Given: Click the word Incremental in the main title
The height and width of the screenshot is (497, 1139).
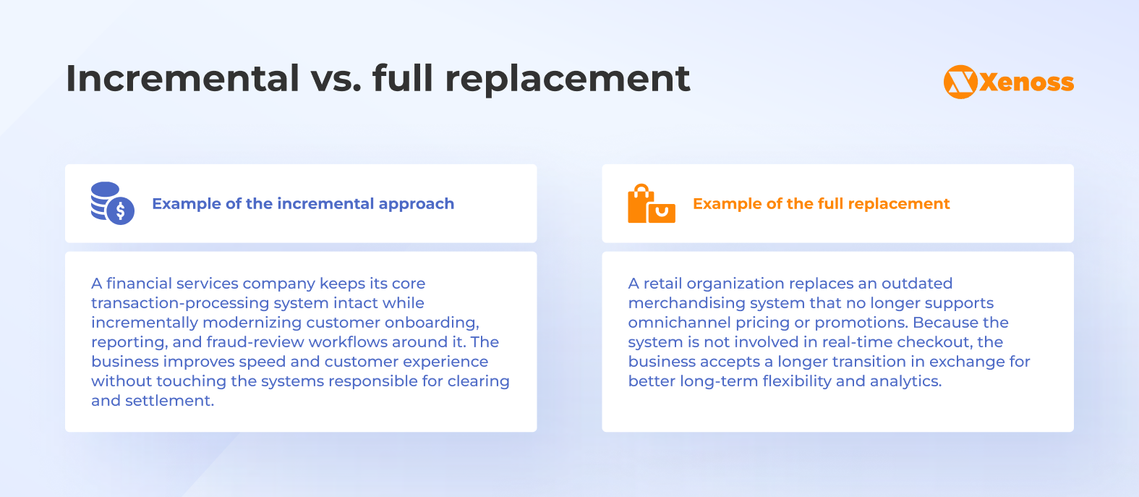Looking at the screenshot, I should [x=182, y=78].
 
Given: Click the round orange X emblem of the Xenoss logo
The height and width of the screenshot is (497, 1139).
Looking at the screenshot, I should [x=960, y=82].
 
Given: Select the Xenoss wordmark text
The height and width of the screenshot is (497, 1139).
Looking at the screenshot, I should [x=1027, y=82].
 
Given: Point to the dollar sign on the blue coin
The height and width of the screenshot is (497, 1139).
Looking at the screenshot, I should [x=121, y=211].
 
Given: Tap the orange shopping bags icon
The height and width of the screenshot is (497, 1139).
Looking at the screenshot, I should [x=651, y=204].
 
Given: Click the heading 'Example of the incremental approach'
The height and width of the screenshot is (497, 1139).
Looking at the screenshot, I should [x=303, y=204].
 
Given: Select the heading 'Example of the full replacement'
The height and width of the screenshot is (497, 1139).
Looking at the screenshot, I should [x=821, y=204].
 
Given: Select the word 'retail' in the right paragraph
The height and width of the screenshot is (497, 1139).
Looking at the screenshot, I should [x=662, y=284].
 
